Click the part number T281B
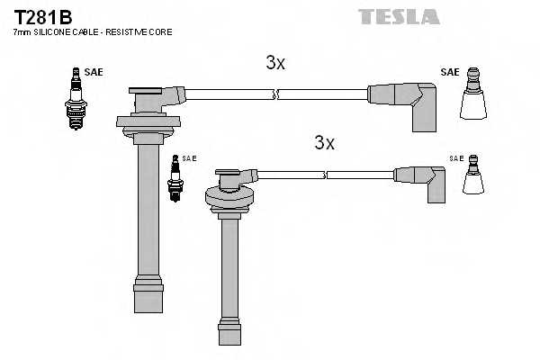[42, 17]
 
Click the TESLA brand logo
[399, 16]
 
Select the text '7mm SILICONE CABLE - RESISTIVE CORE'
[93, 32]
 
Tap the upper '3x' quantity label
[275, 63]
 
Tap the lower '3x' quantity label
[324, 142]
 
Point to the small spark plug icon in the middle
[175, 177]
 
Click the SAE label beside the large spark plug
[94, 71]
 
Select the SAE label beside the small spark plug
[189, 157]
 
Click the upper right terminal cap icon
[473, 97]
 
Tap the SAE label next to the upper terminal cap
[449, 71]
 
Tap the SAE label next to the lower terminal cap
[456, 157]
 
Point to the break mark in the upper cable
[276, 94]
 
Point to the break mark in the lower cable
[324, 174]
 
